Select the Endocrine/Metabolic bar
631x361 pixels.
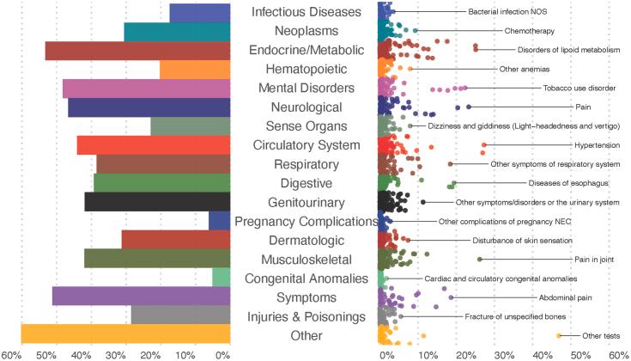coord(137,51)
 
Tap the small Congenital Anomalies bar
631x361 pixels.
coord(221,278)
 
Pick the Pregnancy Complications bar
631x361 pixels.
coord(220,221)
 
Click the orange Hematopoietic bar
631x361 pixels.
coord(195,70)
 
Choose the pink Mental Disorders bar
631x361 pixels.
coord(147,89)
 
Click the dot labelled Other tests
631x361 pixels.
coord(559,335)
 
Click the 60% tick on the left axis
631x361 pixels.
coord(11,354)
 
